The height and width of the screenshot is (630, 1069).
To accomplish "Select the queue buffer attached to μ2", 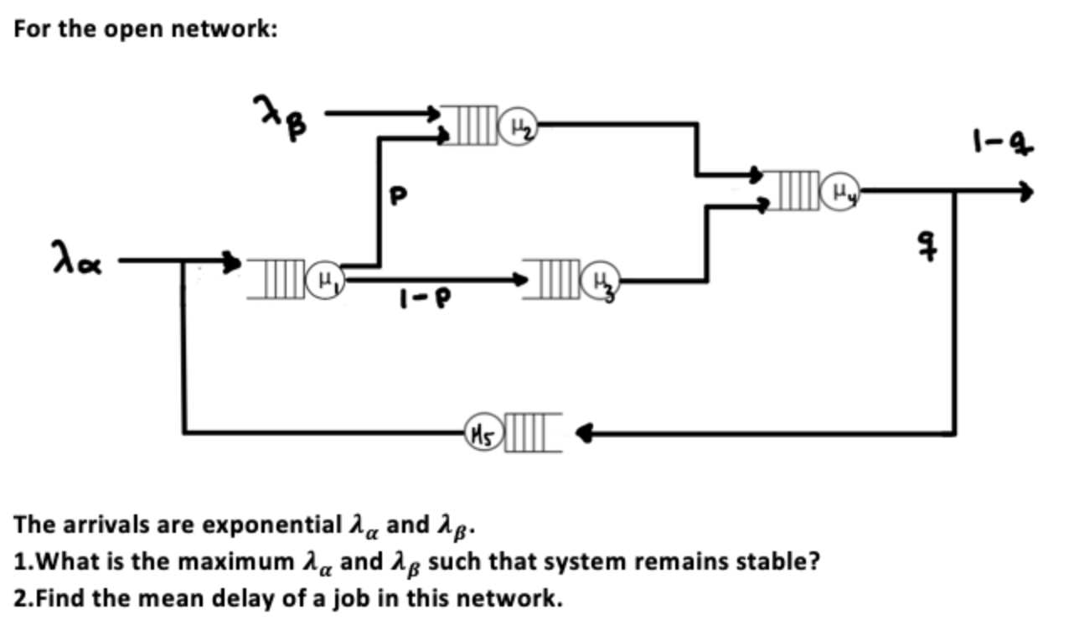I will [x=469, y=126].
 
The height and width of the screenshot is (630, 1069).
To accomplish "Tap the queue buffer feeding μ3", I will [x=556, y=278].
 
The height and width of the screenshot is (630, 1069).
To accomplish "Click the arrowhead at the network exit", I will [x=1025, y=192].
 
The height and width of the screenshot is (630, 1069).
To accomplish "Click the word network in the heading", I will [x=224, y=30].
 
